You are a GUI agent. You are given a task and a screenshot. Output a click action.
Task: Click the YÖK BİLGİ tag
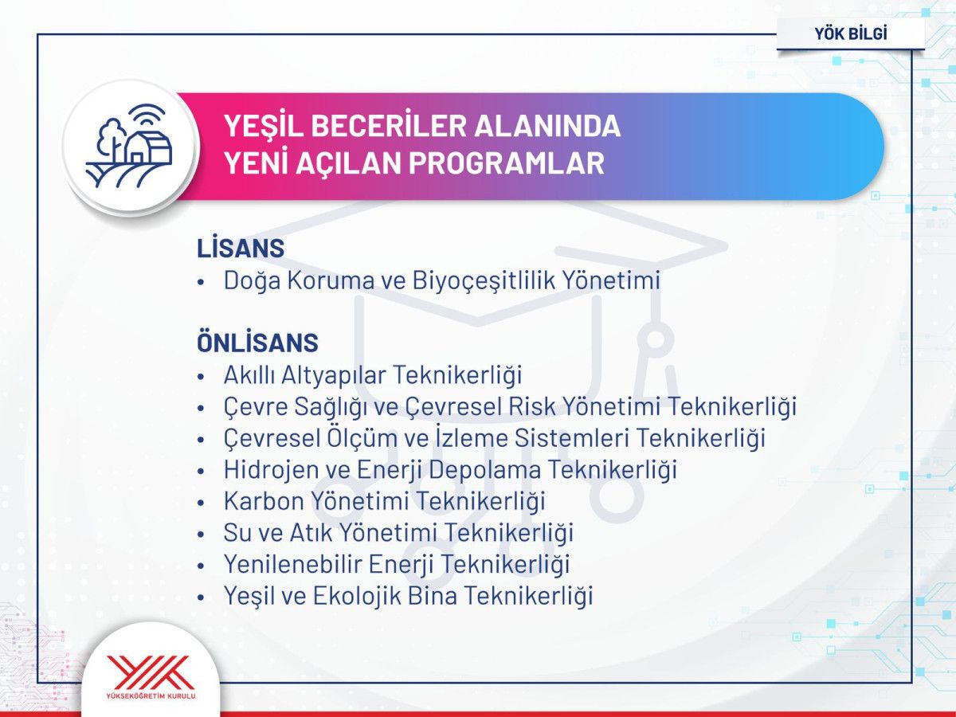851,33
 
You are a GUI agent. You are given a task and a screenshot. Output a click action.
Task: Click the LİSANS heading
241,248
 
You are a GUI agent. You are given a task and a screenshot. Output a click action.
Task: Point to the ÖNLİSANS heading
257,343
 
